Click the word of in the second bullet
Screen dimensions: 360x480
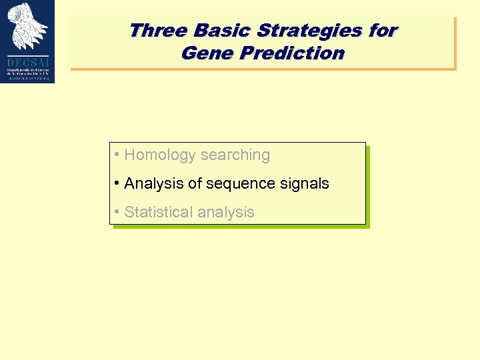pos(193,183)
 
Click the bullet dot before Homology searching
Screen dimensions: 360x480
pos(117,155)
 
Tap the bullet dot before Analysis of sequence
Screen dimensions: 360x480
pos(117,183)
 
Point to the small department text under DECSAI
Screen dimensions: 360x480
pos(27,72)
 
